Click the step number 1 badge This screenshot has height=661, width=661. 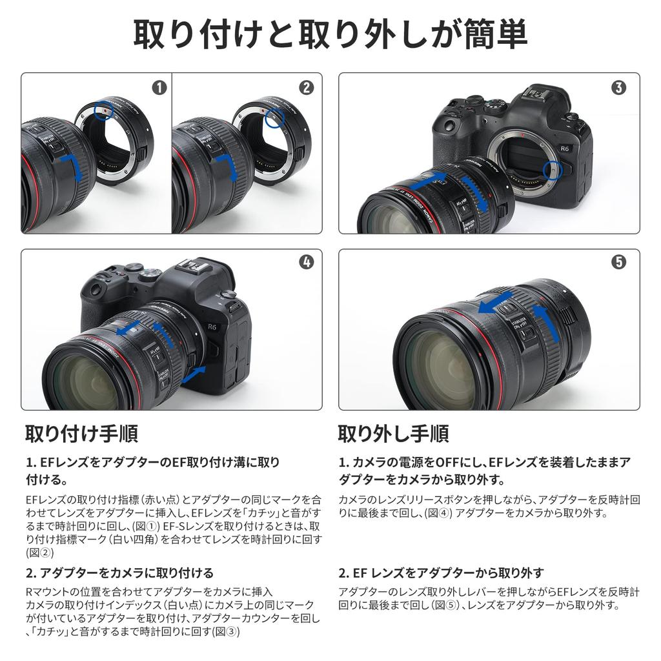159,88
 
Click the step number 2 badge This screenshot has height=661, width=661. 307,88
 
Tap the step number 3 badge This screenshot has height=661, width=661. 618,88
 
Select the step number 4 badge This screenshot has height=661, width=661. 307,262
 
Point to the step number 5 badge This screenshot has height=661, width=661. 618,262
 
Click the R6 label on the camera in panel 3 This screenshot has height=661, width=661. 564,148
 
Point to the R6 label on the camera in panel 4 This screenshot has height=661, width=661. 212,327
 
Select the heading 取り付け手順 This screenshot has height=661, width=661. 82,433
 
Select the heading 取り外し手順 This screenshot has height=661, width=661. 394,433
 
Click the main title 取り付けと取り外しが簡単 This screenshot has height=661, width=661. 330,34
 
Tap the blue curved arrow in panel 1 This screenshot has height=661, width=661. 72,166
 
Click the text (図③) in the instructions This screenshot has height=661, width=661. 227,631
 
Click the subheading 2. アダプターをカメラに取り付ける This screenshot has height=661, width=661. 119,573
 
